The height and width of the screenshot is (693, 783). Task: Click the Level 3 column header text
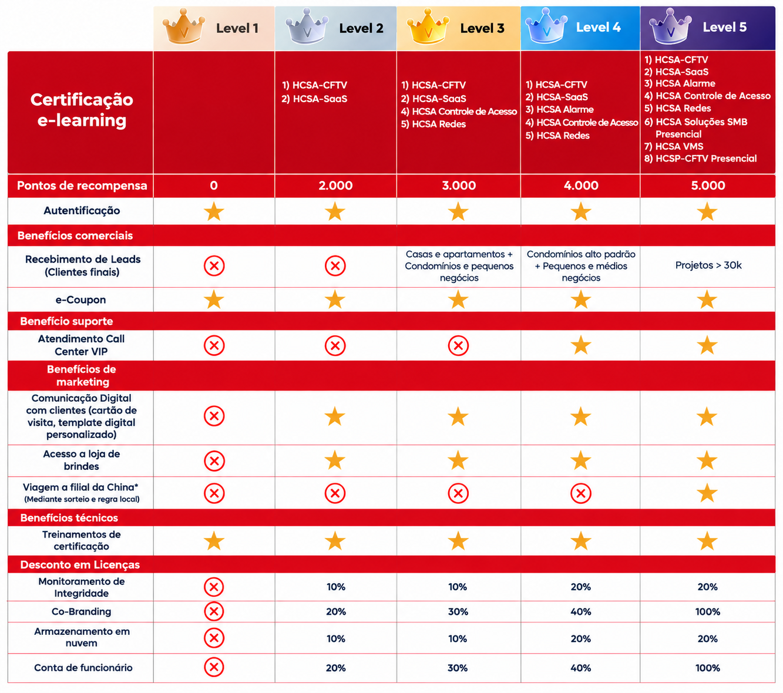click(482, 28)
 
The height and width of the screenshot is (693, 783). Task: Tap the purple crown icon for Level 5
click(670, 26)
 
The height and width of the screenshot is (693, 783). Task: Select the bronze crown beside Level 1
click(184, 26)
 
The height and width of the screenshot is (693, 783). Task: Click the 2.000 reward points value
click(335, 186)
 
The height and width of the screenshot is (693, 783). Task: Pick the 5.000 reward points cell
click(708, 186)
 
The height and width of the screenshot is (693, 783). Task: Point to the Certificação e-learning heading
click(82, 110)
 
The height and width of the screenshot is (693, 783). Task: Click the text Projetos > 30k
click(708, 265)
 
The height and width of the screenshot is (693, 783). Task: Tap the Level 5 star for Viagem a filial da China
click(707, 493)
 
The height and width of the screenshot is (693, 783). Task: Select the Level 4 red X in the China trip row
click(580, 493)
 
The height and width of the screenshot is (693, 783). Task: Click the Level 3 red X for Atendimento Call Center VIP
click(458, 345)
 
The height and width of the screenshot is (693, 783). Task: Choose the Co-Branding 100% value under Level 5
click(708, 611)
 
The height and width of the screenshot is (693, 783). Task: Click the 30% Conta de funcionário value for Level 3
click(458, 668)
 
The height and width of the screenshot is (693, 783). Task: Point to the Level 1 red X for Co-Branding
click(214, 611)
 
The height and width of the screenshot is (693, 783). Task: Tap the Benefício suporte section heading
click(66, 321)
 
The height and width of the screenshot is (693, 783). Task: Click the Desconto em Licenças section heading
click(80, 565)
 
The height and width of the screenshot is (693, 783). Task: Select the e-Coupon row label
click(80, 300)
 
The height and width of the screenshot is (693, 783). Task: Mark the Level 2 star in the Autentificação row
click(335, 211)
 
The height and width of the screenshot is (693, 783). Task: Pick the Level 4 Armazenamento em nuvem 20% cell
click(580, 638)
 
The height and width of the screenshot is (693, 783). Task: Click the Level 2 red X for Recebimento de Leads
click(335, 266)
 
